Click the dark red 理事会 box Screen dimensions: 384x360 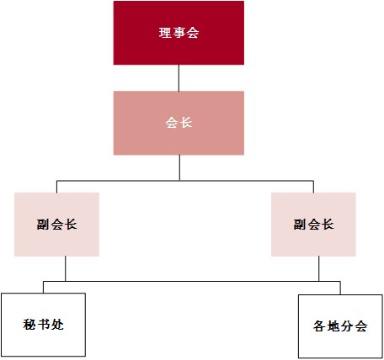pyautogui.click(x=179, y=33)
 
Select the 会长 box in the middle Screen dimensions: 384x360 pyautogui.click(x=179, y=123)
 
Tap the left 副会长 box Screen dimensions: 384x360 pyautogui.click(x=56, y=225)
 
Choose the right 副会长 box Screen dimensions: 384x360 pyautogui.click(x=313, y=225)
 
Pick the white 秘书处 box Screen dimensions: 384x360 pyautogui.click(x=43, y=325)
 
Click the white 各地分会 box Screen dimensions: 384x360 pyautogui.click(x=340, y=326)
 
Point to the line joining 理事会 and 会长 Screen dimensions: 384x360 pyautogui.click(x=179, y=78)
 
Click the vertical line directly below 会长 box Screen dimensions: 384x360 pyautogui.click(x=179, y=167)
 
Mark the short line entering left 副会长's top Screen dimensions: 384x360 pyautogui.click(x=56, y=187)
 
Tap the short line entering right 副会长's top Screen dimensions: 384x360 pyautogui.click(x=313, y=187)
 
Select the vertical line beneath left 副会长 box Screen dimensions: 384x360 pyautogui.click(x=66, y=268)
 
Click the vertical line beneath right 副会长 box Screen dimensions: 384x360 pyautogui.click(x=319, y=268)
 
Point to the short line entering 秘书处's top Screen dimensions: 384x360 pyautogui.click(x=43, y=287)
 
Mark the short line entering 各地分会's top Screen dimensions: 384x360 pyautogui.click(x=340, y=288)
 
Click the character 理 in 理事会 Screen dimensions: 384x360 pyautogui.click(x=165, y=33)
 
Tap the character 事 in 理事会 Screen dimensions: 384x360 pyautogui.click(x=179, y=33)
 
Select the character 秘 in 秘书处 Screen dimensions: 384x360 pyautogui.click(x=29, y=325)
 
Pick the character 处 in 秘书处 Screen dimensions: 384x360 pyautogui.click(x=57, y=325)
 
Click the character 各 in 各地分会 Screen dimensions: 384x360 pyautogui.click(x=320, y=326)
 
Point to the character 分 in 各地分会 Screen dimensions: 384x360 pyautogui.click(x=347, y=326)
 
